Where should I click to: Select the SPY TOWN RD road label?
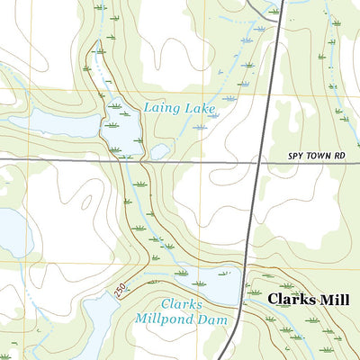[316, 156]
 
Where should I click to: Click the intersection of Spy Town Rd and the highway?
[260, 160]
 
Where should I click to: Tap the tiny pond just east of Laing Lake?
[159, 151]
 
